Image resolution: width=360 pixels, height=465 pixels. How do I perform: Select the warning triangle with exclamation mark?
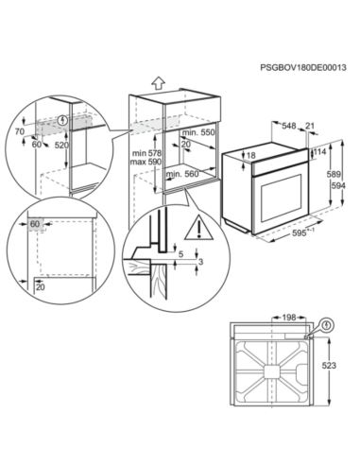click(198, 226)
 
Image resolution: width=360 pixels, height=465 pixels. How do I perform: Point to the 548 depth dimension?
click(290, 124)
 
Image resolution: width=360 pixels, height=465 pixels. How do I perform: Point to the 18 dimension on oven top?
click(251, 156)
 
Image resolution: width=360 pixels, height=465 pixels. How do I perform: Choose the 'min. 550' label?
click(198, 133)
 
